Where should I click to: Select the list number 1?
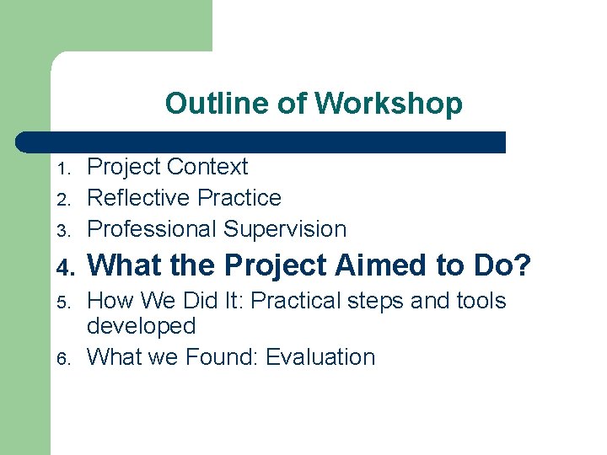coord(62,169)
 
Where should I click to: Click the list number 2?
coord(62,200)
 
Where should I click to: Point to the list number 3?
coord(62,231)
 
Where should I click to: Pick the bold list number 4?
coord(62,267)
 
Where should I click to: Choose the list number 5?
coord(62,302)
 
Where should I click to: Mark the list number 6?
coord(62,359)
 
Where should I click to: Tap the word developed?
coord(142,327)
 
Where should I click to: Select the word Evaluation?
coord(320,357)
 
